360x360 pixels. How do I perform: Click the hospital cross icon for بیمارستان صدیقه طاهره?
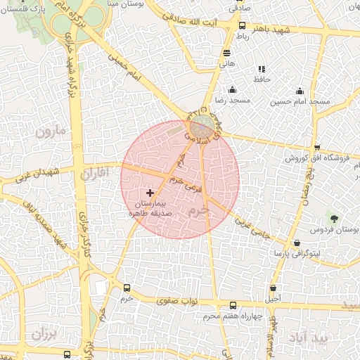point(150,192)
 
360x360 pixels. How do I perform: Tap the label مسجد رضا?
point(233,101)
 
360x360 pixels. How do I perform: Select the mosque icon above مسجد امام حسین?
point(300,90)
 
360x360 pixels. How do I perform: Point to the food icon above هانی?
point(226,53)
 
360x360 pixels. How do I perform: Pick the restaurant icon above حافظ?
point(262,69)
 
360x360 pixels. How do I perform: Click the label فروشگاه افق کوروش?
point(318,158)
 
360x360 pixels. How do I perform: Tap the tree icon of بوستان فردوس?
point(333,218)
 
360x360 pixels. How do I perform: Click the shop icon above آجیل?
point(274,288)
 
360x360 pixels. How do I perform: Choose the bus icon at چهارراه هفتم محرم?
point(233,304)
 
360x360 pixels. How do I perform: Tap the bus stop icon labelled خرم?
point(127,288)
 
